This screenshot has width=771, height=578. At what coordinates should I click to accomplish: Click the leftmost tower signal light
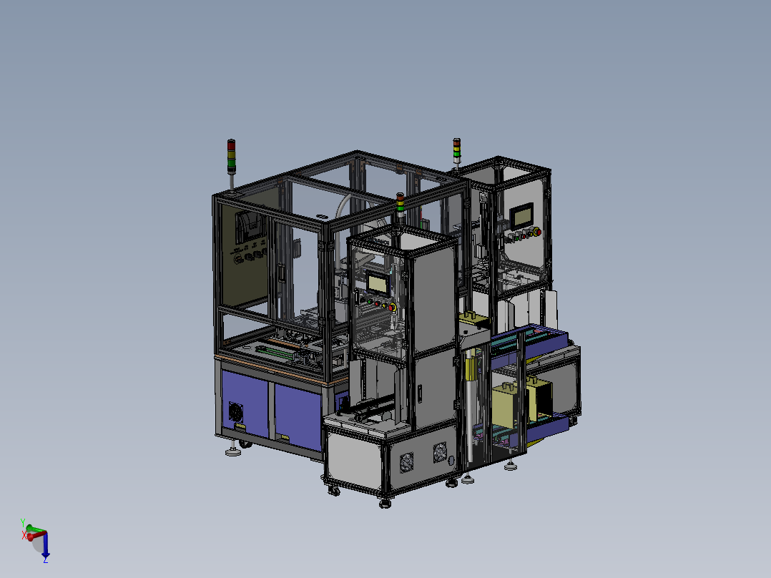pyautogui.click(x=231, y=157)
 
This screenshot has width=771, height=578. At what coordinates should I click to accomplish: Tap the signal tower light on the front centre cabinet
pyautogui.click(x=401, y=205)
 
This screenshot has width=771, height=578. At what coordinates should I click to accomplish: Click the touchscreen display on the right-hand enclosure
pyautogui.click(x=521, y=215)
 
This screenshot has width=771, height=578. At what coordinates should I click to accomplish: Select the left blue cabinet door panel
pyautogui.click(x=246, y=401)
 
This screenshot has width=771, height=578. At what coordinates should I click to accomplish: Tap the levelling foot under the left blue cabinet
pyautogui.click(x=232, y=451)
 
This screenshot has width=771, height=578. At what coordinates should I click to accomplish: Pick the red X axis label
pyautogui.click(x=24, y=534)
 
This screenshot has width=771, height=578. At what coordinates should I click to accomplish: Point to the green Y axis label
pyautogui.click(x=23, y=523)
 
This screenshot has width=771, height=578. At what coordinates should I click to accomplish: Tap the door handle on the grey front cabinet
pyautogui.click(x=420, y=393)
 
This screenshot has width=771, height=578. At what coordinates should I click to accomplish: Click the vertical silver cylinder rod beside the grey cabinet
pyautogui.click(x=469, y=422)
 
